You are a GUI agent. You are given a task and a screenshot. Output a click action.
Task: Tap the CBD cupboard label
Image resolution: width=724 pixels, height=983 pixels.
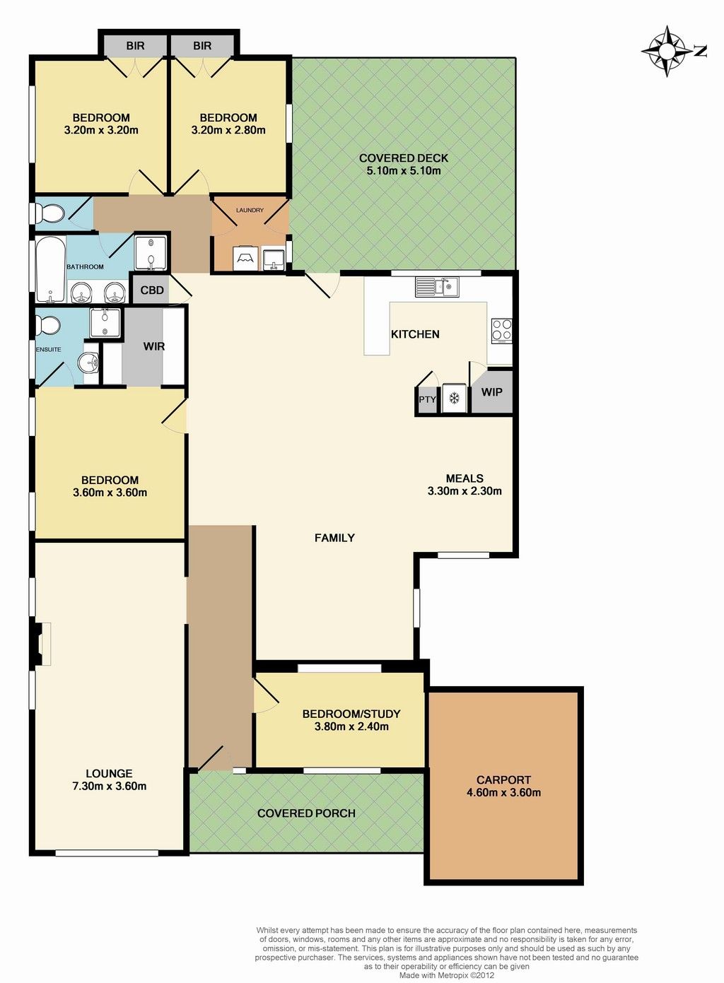point(152,290)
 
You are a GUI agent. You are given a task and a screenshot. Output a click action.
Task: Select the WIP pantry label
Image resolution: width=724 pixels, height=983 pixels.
point(491,392)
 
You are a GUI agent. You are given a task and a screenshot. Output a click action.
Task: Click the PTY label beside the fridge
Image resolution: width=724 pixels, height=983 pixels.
point(427,399)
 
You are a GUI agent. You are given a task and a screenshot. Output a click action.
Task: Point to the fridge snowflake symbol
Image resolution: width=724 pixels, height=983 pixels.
point(454,399)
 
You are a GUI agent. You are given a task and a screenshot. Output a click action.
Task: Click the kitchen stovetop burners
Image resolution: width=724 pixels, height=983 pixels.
point(502,331)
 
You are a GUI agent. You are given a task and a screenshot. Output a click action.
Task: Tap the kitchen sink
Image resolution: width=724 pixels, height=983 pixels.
point(436,287)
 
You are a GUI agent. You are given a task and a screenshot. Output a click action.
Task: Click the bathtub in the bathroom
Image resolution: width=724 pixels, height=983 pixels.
point(50,269)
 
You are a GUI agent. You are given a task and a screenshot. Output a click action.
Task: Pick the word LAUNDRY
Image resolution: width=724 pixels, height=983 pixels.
point(250,210)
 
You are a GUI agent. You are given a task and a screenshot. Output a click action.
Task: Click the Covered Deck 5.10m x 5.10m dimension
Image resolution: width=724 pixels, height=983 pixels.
point(404,170)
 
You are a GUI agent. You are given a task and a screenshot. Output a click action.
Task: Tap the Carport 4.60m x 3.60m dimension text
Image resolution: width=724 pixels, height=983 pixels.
point(503,792)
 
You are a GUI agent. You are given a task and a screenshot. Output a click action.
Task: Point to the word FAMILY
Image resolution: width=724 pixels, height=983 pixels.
point(334,538)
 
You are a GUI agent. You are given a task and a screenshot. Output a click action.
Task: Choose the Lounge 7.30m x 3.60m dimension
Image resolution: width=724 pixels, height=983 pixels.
point(110,786)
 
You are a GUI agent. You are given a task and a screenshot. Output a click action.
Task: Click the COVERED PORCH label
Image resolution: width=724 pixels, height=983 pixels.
point(306,813)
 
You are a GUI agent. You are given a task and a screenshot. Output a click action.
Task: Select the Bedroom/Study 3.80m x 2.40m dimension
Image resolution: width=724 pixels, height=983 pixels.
point(351,726)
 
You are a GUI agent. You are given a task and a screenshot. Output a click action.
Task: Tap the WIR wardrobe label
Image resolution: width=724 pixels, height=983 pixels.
point(154,346)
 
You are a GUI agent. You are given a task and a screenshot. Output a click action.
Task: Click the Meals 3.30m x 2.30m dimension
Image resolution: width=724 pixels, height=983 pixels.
point(465,490)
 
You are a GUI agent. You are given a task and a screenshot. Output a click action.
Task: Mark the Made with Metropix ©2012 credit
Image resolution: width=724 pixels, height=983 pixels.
point(446,975)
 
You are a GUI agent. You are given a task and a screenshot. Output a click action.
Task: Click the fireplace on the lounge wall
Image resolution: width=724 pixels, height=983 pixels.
point(42,644)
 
